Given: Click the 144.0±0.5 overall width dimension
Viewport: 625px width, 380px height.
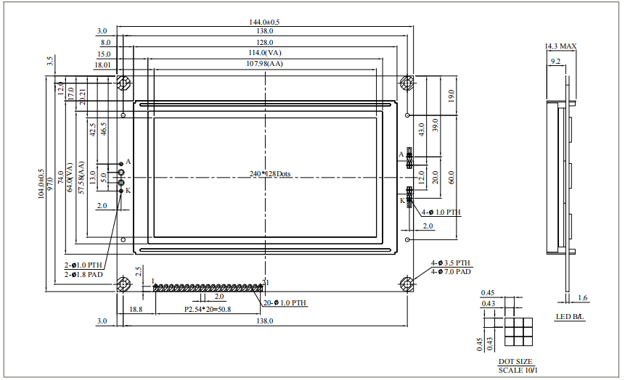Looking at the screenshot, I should [264, 22].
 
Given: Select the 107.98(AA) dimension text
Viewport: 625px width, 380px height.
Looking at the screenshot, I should [264, 65].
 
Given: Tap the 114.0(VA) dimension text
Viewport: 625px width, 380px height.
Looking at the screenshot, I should [264, 54].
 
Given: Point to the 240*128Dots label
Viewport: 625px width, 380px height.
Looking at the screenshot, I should [269, 174].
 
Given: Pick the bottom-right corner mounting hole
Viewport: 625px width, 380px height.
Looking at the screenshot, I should [408, 283].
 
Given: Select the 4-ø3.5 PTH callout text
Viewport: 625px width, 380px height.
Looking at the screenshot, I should [451, 263].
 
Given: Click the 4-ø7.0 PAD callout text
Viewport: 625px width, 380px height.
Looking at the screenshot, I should [451, 271].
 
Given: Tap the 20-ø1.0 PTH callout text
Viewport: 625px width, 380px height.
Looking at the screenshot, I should [285, 302].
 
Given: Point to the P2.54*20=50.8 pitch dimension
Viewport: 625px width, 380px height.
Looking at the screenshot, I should [208, 310].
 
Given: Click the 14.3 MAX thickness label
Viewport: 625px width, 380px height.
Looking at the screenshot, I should [560, 46].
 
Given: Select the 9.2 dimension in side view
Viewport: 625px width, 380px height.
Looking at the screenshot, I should [555, 62].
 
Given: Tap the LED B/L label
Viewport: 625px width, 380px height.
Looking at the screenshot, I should [569, 317].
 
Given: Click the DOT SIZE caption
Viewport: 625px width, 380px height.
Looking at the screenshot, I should [515, 361].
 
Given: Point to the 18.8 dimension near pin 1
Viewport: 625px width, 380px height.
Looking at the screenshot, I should [135, 310].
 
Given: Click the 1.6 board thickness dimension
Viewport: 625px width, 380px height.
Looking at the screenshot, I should [582, 297].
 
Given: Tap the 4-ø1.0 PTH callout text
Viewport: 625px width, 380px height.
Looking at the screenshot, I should [441, 212].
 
